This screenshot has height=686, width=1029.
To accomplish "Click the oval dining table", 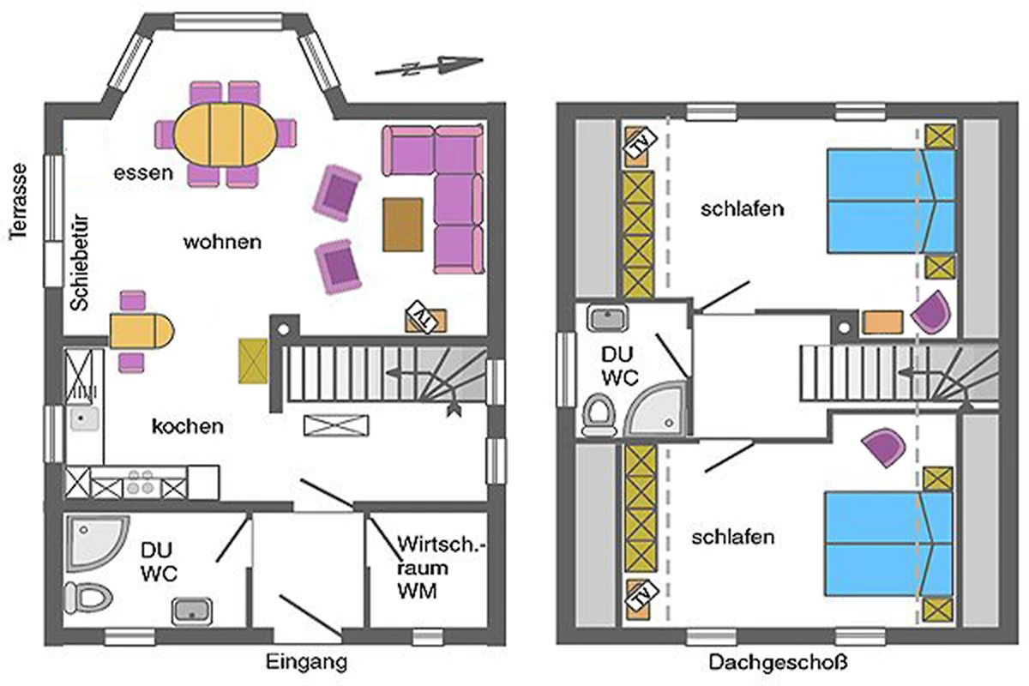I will click(x=226, y=135).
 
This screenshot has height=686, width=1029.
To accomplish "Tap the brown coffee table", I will click(x=403, y=225).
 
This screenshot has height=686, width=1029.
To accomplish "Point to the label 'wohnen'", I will click(x=222, y=242).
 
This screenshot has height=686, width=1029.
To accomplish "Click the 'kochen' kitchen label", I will click(x=188, y=426).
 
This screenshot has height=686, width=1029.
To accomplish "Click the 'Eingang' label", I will click(x=306, y=662).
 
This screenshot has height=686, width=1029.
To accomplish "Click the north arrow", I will click(x=429, y=65).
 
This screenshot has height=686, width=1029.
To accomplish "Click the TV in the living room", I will click(x=426, y=318).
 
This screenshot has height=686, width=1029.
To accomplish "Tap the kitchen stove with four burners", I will click(x=139, y=484).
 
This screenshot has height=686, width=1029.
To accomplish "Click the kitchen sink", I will click(x=84, y=419).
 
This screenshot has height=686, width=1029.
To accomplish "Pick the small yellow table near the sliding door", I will click(x=140, y=329).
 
